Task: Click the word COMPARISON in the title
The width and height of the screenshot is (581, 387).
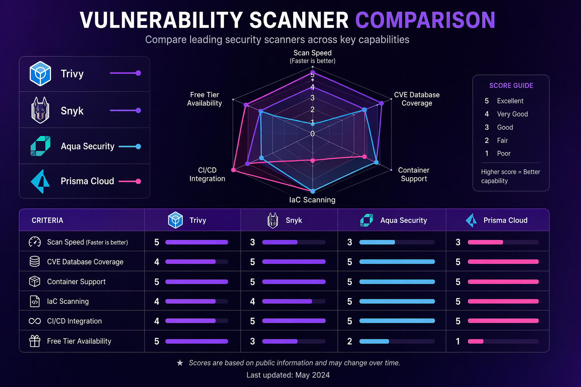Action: pyautogui.click(x=425, y=20)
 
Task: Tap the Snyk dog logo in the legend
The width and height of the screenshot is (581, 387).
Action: pyautogui.click(x=40, y=110)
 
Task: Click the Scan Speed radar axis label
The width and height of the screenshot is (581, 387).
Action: pyautogui.click(x=312, y=53)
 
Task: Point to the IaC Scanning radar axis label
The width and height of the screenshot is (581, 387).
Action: pyautogui.click(x=312, y=200)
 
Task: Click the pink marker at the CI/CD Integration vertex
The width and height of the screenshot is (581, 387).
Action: pyautogui.click(x=233, y=170)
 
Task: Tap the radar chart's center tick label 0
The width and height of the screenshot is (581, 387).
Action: pyautogui.click(x=312, y=134)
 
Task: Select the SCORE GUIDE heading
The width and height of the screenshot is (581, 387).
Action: pyautogui.click(x=511, y=86)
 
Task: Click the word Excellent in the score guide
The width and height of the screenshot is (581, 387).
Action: pyautogui.click(x=510, y=101)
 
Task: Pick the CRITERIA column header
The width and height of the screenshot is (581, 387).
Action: pyautogui.click(x=47, y=220)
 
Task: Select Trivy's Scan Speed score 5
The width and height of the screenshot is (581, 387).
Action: pyautogui.click(x=157, y=242)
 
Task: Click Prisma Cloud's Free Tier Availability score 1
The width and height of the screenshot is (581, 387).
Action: pyautogui.click(x=458, y=341)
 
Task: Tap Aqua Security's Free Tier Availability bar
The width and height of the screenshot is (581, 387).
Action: pyautogui.click(x=374, y=341)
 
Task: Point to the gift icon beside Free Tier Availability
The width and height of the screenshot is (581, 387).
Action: pyautogui.click(x=35, y=341)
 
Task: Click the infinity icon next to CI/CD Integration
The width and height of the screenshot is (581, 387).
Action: pyautogui.click(x=35, y=321)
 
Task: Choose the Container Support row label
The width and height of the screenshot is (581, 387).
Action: pyautogui.click(x=76, y=282)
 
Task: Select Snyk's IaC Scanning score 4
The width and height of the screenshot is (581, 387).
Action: pyautogui.click(x=252, y=302)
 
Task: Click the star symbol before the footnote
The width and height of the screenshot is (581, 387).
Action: pyautogui.click(x=180, y=363)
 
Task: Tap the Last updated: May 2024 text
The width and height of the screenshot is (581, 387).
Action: pyautogui.click(x=288, y=375)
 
